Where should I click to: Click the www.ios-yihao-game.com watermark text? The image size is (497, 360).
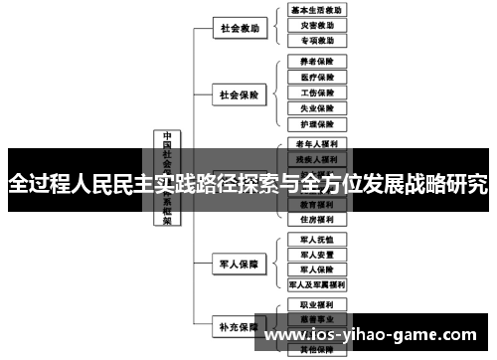(377, 334)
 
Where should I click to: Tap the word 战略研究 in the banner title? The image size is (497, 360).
(444, 183)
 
